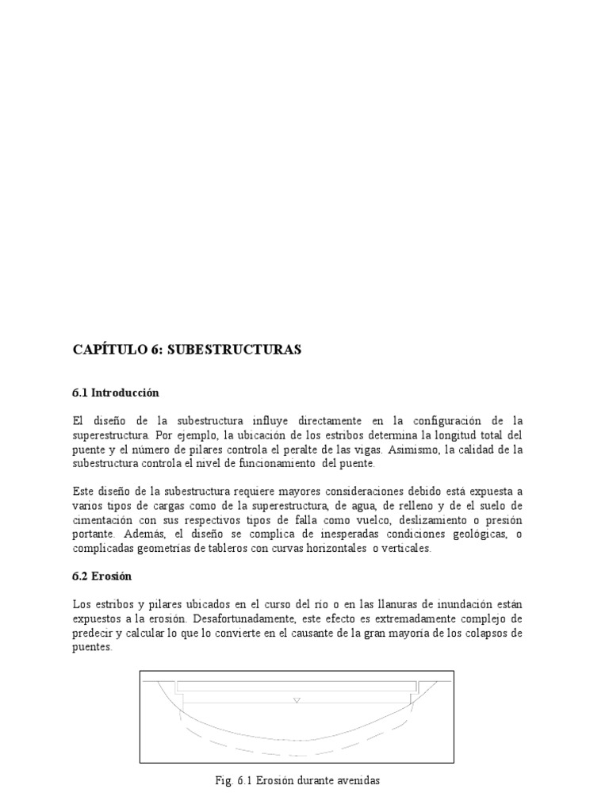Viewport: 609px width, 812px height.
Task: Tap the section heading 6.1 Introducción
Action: pyautogui.click(x=116, y=393)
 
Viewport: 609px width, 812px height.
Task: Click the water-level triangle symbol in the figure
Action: pyautogui.click(x=297, y=700)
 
